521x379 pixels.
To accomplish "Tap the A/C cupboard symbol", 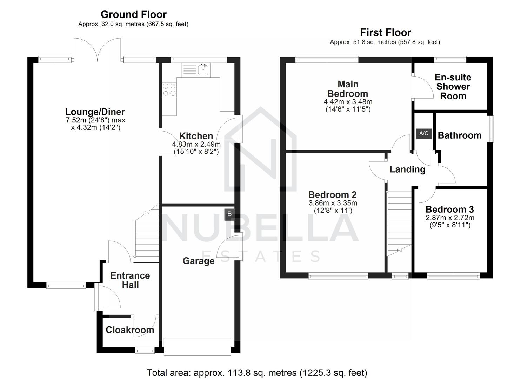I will [x=424, y=133].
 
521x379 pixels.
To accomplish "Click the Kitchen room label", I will [x=196, y=136].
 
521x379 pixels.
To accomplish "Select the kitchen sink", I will [x=203, y=69].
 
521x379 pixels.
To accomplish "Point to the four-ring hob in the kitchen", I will [x=169, y=89].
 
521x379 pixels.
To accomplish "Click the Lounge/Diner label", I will [x=95, y=112].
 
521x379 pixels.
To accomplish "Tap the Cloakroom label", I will [x=130, y=330].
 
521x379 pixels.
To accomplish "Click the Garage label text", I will [x=198, y=261].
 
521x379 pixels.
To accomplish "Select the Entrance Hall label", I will [x=130, y=280].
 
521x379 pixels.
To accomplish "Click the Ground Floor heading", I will [x=133, y=14].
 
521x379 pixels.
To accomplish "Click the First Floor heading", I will [x=385, y=32].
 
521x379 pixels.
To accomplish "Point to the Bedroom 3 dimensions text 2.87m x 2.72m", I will [x=450, y=218].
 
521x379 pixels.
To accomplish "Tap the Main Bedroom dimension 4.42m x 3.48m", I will [x=348, y=102].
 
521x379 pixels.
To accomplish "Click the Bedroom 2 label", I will [x=332, y=194].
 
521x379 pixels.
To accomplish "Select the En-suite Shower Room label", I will [x=453, y=87].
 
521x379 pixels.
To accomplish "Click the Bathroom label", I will [x=459, y=135].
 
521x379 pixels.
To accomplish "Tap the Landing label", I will [x=407, y=169].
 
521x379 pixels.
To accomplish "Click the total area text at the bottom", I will [x=257, y=372].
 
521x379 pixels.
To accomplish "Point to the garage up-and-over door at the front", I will [x=198, y=347].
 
